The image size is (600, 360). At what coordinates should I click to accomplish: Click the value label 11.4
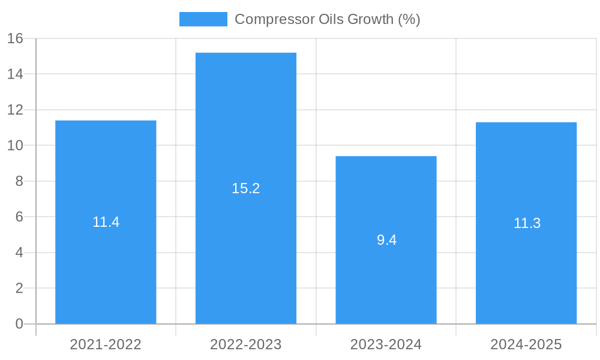(x=106, y=222)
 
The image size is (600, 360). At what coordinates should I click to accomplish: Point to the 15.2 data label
(x=246, y=188)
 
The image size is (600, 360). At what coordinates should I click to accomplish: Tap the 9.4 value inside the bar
(x=386, y=240)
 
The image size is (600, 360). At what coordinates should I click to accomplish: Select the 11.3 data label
(x=527, y=223)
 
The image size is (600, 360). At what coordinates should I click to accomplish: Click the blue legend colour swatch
(x=203, y=19)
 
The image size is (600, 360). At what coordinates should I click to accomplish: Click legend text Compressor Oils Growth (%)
(x=327, y=19)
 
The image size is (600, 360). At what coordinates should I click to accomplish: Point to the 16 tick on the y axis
(x=15, y=38)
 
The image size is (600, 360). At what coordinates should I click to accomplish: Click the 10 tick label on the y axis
(x=15, y=145)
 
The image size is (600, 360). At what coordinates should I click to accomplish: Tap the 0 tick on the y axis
(x=19, y=324)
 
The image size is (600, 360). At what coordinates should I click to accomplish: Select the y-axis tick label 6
(x=19, y=217)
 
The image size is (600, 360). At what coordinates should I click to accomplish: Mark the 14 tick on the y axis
(x=15, y=74)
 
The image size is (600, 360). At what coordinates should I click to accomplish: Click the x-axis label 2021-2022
(x=106, y=344)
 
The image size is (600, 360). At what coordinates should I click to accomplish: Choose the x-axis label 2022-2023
(x=246, y=344)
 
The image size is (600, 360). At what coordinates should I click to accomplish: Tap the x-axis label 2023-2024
(x=386, y=344)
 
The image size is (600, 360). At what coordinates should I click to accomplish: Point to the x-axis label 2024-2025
(x=526, y=344)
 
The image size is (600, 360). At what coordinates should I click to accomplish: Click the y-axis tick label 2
(x=19, y=288)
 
